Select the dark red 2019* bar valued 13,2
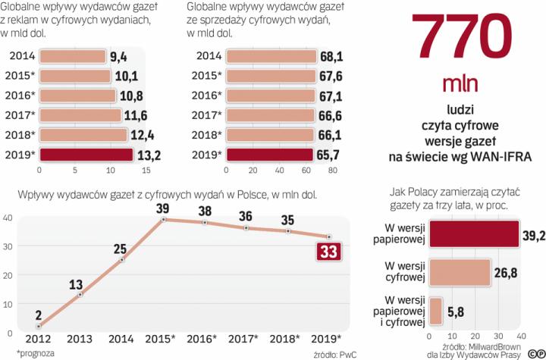[x=80, y=155]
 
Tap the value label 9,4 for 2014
[x=118, y=56]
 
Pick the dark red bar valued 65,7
[x=269, y=155]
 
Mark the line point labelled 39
[x=163, y=220]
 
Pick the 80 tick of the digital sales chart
[x=331, y=169]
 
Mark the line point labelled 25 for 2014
[x=121, y=259]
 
